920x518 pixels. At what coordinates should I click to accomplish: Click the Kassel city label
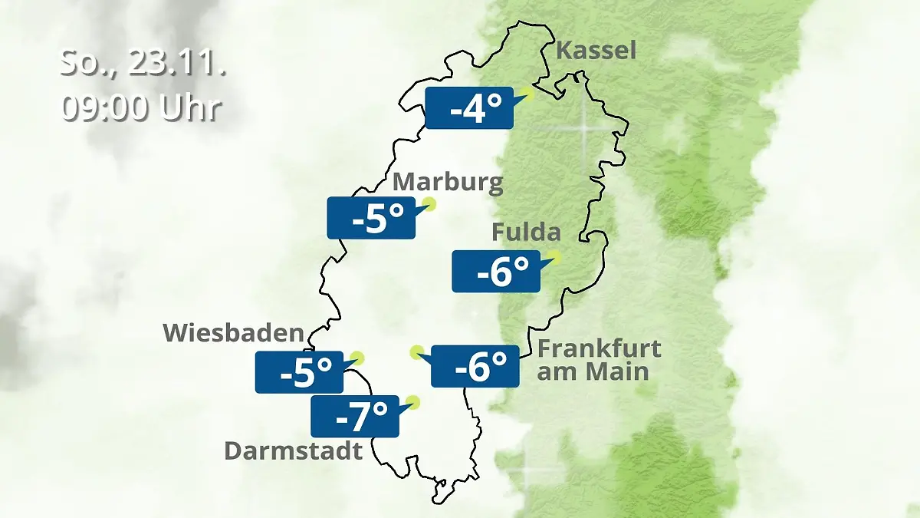(x=596, y=51)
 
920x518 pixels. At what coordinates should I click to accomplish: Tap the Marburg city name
(x=448, y=183)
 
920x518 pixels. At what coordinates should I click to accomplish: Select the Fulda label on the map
(x=526, y=232)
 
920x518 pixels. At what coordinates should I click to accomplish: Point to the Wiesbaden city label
(x=234, y=333)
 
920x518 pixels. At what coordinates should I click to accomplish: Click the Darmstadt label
(x=293, y=450)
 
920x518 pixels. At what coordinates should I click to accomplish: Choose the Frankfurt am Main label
(x=599, y=360)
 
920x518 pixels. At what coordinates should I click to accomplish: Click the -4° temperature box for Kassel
(x=468, y=108)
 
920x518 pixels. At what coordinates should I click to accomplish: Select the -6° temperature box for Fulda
(x=496, y=271)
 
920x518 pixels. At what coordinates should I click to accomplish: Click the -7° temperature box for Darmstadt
(x=354, y=417)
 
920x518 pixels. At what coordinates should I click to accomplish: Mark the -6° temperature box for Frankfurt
(x=475, y=366)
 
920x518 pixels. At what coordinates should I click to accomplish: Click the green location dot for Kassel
(x=526, y=94)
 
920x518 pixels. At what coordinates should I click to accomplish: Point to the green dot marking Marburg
(x=429, y=204)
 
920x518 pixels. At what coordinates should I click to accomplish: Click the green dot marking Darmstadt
(x=414, y=401)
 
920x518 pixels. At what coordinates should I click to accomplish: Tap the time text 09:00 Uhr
(x=141, y=108)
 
